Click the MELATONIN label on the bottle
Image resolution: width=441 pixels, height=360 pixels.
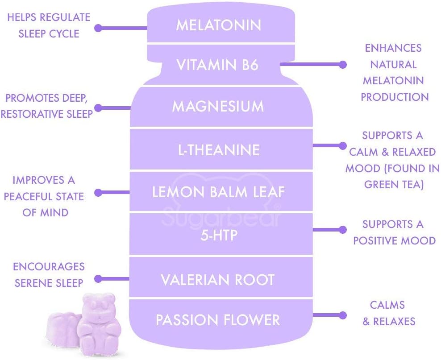click(218, 25)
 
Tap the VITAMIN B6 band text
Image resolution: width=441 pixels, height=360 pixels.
click(217, 65)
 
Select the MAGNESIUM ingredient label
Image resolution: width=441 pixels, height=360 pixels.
click(218, 107)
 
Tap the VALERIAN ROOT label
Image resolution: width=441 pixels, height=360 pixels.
click(217, 280)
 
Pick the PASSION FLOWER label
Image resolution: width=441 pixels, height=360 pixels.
click(218, 320)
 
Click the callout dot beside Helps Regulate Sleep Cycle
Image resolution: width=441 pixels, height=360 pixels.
click(99, 28)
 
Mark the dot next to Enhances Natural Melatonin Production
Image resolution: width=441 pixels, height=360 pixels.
click(343, 65)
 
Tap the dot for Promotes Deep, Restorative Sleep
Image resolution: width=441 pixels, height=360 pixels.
click(99, 108)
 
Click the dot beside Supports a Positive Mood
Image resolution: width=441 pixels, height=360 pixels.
click(343, 230)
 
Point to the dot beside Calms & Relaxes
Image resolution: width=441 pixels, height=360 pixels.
click(343, 314)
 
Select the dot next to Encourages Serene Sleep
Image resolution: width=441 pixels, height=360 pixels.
click(99, 279)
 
